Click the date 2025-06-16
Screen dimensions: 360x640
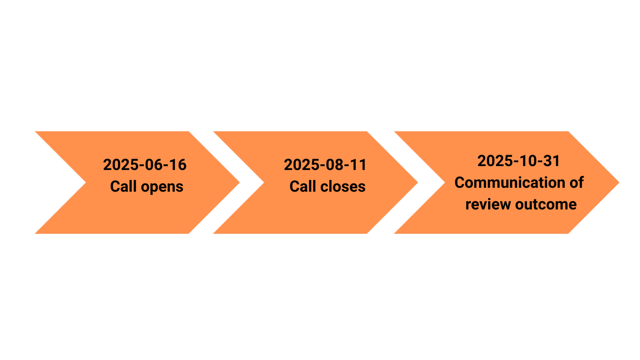pos(144,165)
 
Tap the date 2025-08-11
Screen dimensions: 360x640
pos(325,165)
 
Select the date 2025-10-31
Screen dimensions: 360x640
pos(519,161)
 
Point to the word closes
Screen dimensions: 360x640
pos(343,187)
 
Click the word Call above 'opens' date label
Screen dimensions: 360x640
pos(123,187)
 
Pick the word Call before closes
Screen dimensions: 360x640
pos(302,187)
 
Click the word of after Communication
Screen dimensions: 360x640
pos(576,183)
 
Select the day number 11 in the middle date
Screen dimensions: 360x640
pos(359,165)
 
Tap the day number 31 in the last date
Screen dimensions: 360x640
pos(552,161)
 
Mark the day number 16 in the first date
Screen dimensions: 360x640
pos(178,165)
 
